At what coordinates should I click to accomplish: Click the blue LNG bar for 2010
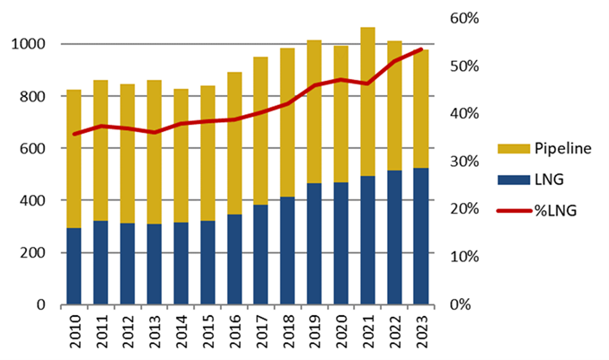point(74,267)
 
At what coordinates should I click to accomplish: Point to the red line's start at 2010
point(74,134)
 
